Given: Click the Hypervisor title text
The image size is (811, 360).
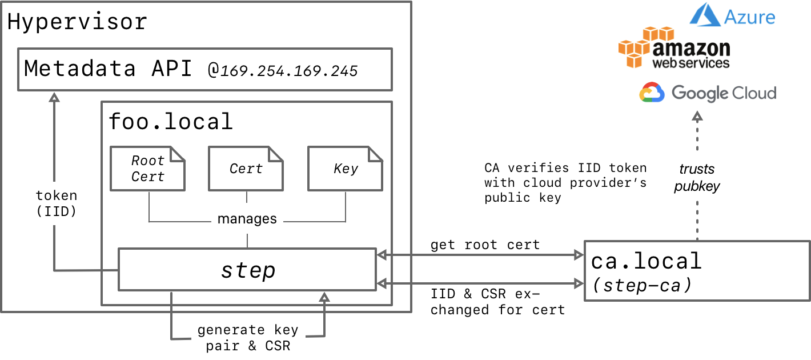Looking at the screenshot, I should tap(77, 22).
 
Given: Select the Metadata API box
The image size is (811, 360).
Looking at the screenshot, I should tap(204, 69).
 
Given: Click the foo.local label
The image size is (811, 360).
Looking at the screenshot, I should tap(171, 121).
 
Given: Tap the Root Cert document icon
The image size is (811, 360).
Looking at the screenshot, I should tap(148, 169).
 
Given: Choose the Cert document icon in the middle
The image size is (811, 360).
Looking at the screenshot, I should tap(246, 169).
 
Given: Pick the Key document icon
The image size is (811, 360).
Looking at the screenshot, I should tap(346, 169).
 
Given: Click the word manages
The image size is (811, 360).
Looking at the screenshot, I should tap(247, 219).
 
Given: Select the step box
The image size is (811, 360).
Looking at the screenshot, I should tap(247, 269).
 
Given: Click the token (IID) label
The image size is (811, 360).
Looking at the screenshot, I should tap(56, 203).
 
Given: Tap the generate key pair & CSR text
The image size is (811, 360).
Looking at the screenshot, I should tap(247, 338).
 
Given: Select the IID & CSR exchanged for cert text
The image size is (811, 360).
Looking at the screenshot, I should tap(497, 302).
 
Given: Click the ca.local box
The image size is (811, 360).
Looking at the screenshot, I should tap(697, 270).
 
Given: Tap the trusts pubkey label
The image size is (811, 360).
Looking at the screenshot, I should tap(697, 177).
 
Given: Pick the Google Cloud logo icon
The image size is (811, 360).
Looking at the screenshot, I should tap(652, 93).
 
